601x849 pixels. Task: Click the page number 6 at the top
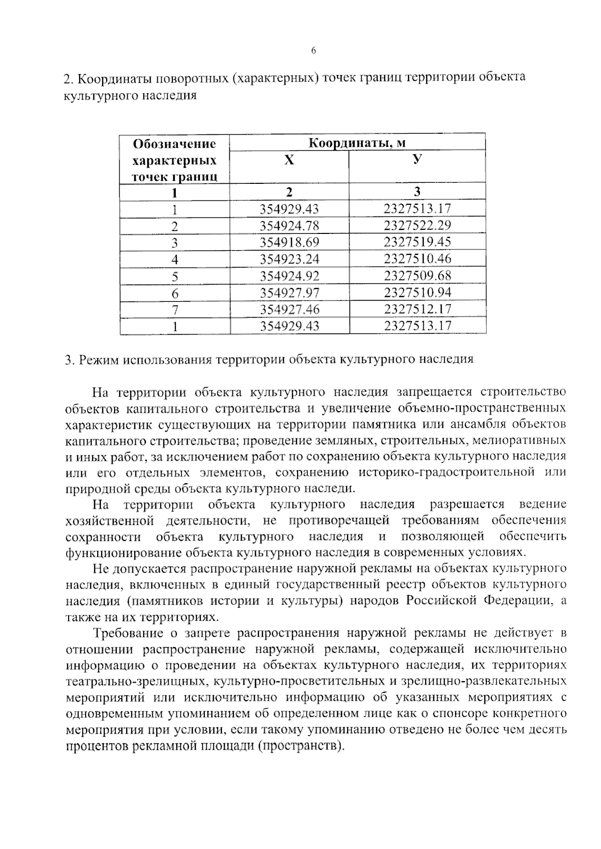314,50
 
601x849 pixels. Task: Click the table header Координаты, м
357,143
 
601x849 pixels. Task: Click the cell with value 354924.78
289,225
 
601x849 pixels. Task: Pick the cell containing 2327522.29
417,225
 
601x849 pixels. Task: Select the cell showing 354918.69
289,242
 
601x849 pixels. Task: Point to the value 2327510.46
417,258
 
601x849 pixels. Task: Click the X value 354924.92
289,275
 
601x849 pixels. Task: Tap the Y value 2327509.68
417,275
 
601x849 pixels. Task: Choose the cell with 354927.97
289,293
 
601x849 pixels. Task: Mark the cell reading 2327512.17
417,309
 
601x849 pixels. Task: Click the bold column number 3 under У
417,191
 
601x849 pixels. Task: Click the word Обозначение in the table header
174,144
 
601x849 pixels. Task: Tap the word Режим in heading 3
99,360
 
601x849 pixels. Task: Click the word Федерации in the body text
518,601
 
